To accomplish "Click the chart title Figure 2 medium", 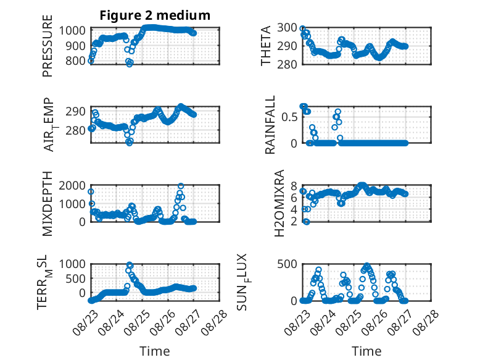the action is pyautogui.click(x=155, y=15).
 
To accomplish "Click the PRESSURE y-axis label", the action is pyautogui.click(x=48, y=46).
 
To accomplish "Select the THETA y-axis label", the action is pyautogui.click(x=266, y=46).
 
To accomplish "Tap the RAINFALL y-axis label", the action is pyautogui.click(x=270, y=124).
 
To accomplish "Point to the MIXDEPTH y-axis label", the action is pyautogui.click(x=48, y=203).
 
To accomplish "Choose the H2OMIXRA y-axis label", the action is pyautogui.click(x=279, y=203).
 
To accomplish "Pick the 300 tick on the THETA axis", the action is pyautogui.click(x=287, y=28).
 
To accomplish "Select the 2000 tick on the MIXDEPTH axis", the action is pyautogui.click(x=72, y=185).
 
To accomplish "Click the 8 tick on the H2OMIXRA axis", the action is pyautogui.click(x=294, y=186).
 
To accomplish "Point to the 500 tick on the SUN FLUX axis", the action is pyautogui.click(x=287, y=264).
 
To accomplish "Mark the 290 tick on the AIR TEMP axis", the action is pyautogui.click(x=75, y=111).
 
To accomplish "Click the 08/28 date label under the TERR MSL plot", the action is pyautogui.click(x=215, y=321).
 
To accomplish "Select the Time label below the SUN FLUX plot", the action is pyautogui.click(x=366, y=351).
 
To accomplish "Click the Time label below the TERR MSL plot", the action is pyautogui.click(x=155, y=351).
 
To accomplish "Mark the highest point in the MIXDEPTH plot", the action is pyautogui.click(x=181, y=186).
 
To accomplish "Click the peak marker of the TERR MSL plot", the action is pyautogui.click(x=130, y=264).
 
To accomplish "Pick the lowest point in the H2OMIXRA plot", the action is pyautogui.click(x=307, y=222).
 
